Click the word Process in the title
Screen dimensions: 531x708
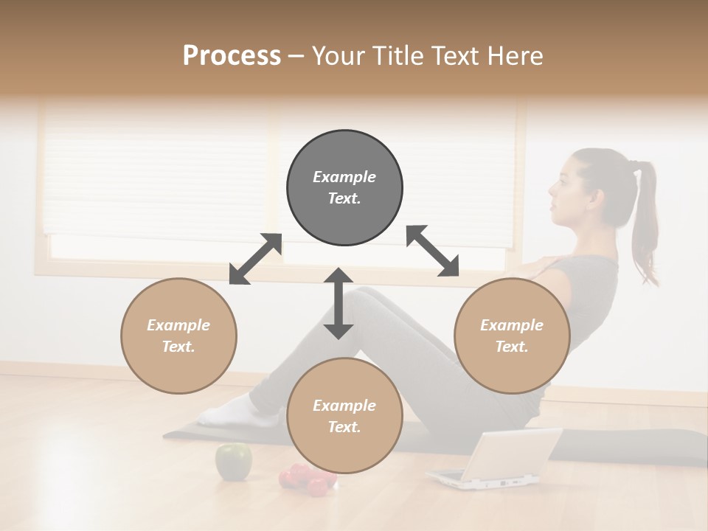pos(232,56)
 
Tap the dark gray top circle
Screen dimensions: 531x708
pos(344,188)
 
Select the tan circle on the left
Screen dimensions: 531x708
pos(178,336)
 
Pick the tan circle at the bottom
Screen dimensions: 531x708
pos(344,416)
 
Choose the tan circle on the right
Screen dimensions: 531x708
pos(512,336)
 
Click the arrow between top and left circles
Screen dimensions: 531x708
pos(255,259)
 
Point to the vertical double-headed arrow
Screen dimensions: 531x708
pos(339,303)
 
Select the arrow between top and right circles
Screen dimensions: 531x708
pos(432,251)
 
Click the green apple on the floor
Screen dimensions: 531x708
pos(233,461)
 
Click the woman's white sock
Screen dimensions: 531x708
pos(225,412)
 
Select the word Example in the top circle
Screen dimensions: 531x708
pos(344,177)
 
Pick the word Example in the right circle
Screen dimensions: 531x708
pos(512,325)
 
